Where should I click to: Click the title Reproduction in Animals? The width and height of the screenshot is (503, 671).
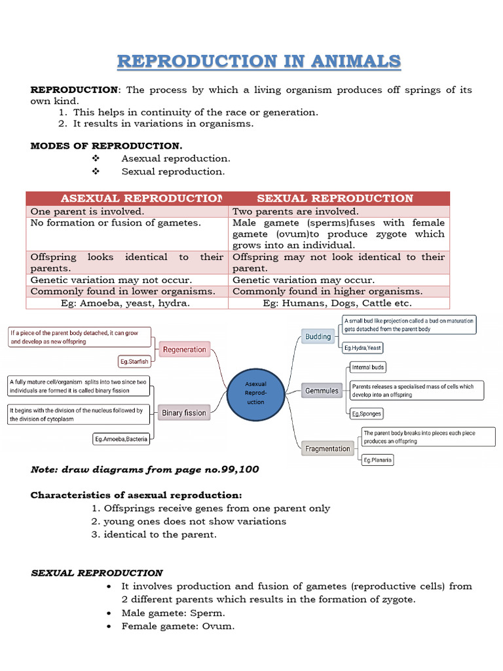259,62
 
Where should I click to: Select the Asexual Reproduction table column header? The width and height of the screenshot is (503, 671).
127,199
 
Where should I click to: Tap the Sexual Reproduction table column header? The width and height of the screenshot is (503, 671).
335,199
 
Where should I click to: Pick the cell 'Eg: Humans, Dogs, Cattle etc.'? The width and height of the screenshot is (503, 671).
337,303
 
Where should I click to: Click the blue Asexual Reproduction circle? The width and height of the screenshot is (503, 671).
255,393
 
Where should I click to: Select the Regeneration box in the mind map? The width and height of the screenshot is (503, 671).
184,350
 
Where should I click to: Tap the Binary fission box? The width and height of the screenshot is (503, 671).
184,413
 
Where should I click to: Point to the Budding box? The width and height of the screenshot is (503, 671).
318,337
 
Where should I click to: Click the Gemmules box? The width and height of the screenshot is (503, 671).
322,391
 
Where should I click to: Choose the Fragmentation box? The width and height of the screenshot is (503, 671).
327,449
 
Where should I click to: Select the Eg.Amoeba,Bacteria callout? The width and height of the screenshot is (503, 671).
121,439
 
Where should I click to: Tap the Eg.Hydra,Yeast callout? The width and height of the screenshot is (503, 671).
363,347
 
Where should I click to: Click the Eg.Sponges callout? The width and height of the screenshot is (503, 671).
366,413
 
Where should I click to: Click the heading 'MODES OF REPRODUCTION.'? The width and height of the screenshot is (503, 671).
107,145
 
